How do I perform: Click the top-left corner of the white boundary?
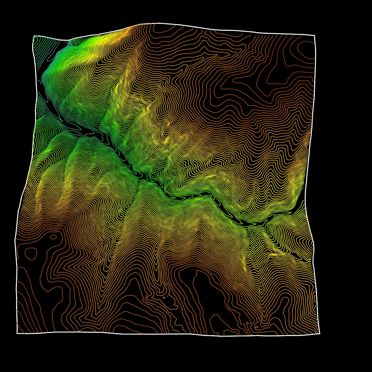[33, 36]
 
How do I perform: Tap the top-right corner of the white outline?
[314, 35]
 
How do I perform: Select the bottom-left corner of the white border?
[17, 333]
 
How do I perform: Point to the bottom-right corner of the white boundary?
[320, 333]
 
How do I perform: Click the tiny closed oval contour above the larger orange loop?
[53, 237]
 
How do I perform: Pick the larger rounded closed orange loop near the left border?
[30, 253]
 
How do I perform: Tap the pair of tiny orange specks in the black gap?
[165, 297]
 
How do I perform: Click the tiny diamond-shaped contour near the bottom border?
[256, 327]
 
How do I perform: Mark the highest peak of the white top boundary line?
[155, 23]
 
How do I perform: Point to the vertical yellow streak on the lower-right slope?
[245, 263]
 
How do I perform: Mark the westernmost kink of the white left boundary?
[15, 239]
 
